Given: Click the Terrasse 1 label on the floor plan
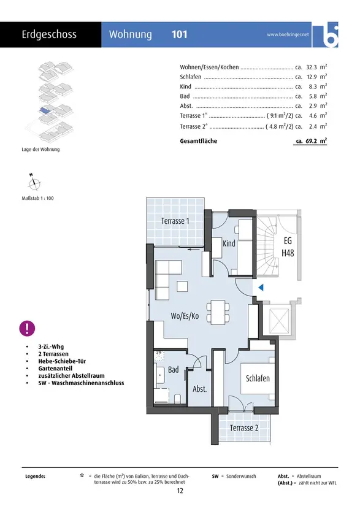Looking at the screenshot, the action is click(x=175, y=221).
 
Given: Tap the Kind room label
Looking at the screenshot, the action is click(x=229, y=243).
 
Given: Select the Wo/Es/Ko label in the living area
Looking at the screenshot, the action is click(x=185, y=316).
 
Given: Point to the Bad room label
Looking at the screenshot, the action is click(x=174, y=369).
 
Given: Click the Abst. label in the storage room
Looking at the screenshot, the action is click(x=200, y=389).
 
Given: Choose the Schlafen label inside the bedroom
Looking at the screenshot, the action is click(x=258, y=378).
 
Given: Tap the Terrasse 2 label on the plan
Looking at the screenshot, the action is click(x=244, y=428).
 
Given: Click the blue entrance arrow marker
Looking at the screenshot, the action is click(x=261, y=287).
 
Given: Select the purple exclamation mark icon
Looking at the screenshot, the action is click(x=27, y=328).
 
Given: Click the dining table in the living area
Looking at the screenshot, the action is click(x=218, y=312).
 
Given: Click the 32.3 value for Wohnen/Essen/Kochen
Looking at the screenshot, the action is click(x=312, y=67).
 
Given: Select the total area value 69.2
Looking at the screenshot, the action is click(x=312, y=141).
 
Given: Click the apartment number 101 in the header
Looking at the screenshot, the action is click(x=179, y=34).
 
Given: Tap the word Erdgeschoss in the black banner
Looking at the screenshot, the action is click(x=49, y=34).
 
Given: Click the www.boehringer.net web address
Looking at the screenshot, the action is click(x=288, y=34).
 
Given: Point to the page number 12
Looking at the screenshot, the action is click(x=180, y=491).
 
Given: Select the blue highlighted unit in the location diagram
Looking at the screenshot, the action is click(x=45, y=110).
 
